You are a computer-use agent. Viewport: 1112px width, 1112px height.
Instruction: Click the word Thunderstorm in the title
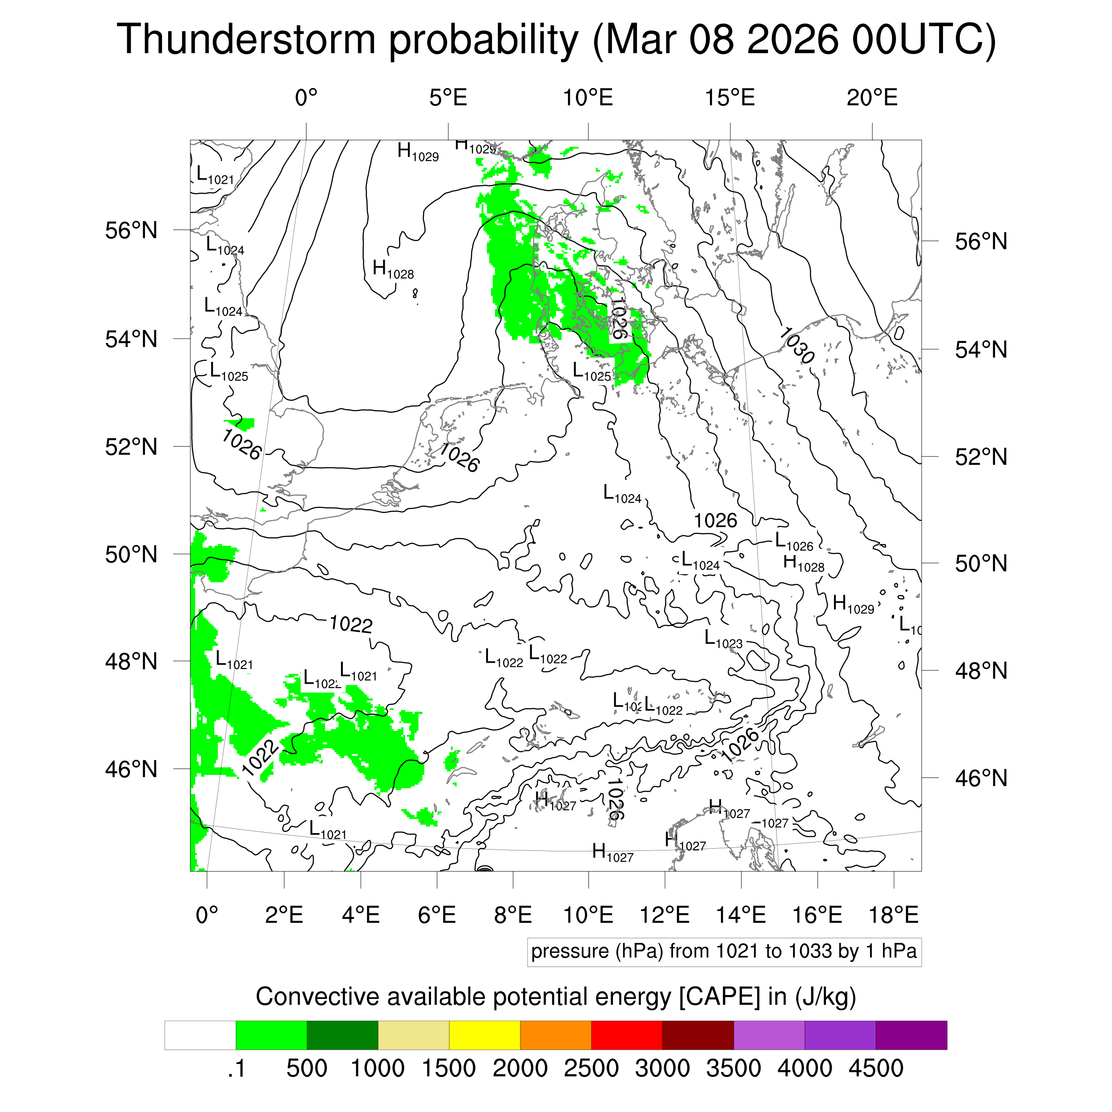tap(246, 39)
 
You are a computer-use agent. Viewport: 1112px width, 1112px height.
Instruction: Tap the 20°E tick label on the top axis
tap(872, 98)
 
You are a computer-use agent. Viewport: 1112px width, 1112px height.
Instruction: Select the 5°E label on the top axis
tap(448, 98)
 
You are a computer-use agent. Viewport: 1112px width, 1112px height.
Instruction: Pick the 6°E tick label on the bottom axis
tap(437, 915)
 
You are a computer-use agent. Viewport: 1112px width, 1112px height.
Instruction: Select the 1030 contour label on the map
tap(797, 345)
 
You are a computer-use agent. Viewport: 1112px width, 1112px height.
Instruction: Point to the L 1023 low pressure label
tap(724, 639)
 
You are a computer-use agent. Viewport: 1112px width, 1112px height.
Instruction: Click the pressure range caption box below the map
tap(724, 951)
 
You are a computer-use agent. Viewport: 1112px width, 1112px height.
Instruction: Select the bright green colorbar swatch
tap(271, 1035)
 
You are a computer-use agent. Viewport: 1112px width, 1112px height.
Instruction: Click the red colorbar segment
tap(626, 1035)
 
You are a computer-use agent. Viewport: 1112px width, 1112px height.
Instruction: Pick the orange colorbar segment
tap(556, 1035)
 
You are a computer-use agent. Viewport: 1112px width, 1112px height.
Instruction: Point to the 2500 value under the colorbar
tap(591, 1068)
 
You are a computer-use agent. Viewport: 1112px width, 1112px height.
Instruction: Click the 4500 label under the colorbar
tap(875, 1068)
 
